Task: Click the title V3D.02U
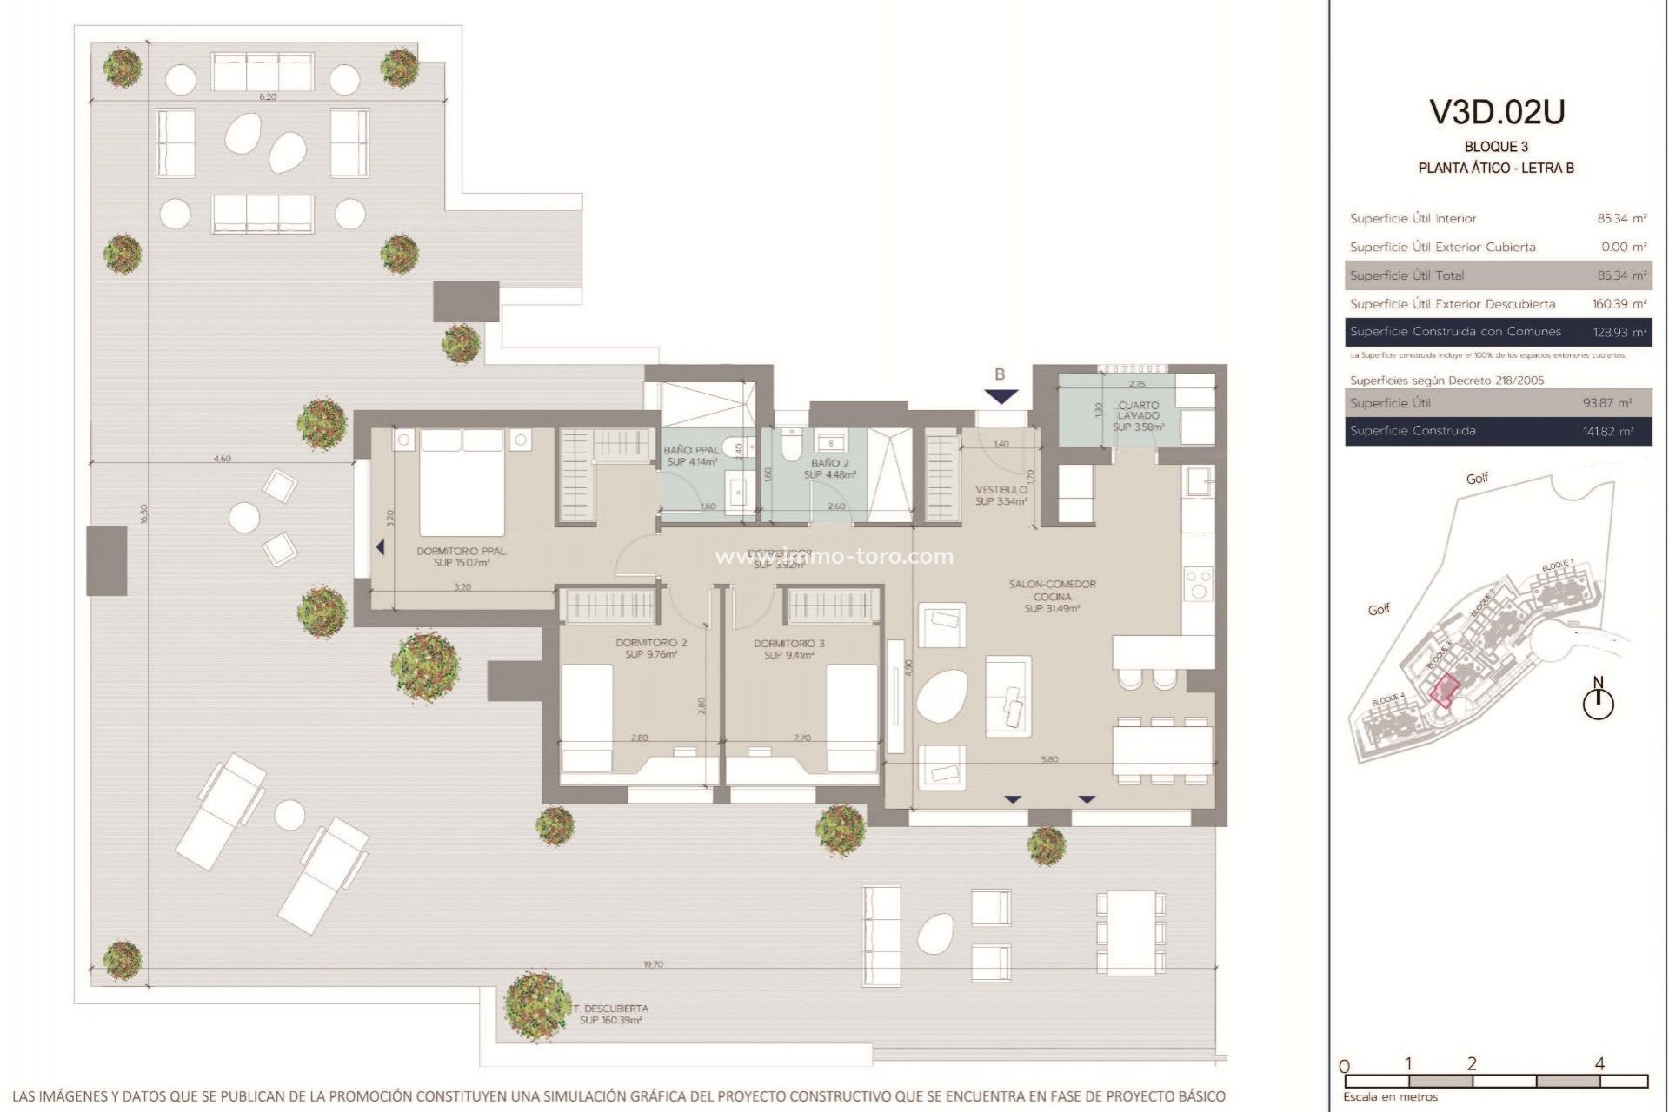(x=1497, y=112)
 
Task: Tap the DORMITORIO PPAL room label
(x=462, y=557)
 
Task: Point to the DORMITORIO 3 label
(x=788, y=649)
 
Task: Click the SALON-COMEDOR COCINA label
(x=1052, y=596)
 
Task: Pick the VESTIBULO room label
(x=1001, y=495)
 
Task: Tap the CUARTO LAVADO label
(x=1138, y=415)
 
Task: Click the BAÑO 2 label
(x=829, y=469)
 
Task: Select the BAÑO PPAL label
(x=691, y=455)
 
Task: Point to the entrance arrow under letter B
(x=1001, y=397)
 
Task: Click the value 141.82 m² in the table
(x=1607, y=431)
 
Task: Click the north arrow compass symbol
(x=1598, y=702)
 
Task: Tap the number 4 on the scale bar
(x=1599, y=1063)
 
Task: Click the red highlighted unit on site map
(x=1445, y=690)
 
